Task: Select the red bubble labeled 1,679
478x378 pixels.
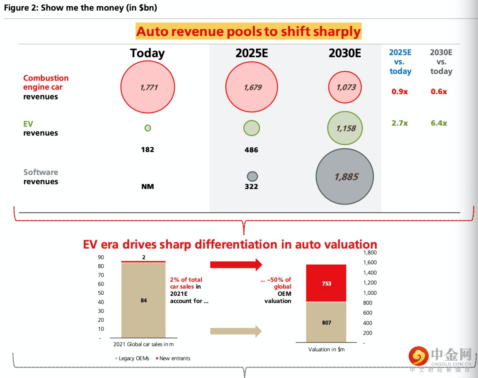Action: [251, 87]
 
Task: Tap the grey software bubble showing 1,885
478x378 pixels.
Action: [345, 177]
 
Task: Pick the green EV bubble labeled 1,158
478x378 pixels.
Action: [345, 128]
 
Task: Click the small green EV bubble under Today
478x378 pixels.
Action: [148, 128]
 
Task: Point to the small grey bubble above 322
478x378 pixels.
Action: [252, 176]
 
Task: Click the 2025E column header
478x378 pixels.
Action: [251, 54]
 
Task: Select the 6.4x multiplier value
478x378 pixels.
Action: [439, 123]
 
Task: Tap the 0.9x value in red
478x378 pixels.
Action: [400, 92]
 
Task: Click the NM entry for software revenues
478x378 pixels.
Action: [147, 186]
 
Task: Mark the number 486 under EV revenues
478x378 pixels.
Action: [251, 150]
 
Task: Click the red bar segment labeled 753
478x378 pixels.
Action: [327, 283]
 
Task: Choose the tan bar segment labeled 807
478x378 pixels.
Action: [327, 322]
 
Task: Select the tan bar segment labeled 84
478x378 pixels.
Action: [143, 301]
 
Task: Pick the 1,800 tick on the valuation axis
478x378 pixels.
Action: [370, 253]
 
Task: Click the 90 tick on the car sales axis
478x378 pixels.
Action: [101, 257]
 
